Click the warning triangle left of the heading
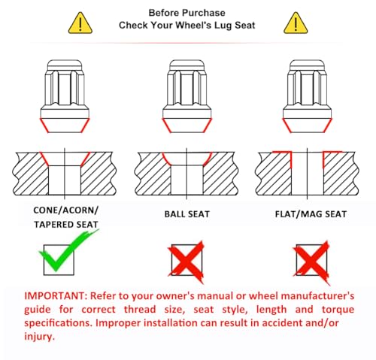pyautogui.click(x=80, y=23)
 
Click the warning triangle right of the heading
pyautogui.click(x=296, y=23)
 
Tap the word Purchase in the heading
pyautogui.click(x=204, y=13)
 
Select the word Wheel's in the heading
pyautogui.click(x=193, y=26)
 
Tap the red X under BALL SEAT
pyautogui.click(x=186, y=262)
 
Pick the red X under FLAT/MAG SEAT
pyautogui.click(x=311, y=262)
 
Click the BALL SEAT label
pyautogui.click(x=187, y=214)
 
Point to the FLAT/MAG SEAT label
pyautogui.click(x=311, y=214)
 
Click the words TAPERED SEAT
pyautogui.click(x=66, y=225)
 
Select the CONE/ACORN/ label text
pyautogui.click(x=65, y=210)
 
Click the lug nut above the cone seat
pyautogui.click(x=65, y=96)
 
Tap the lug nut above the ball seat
pyautogui.click(x=187, y=96)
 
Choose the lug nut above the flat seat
pyautogui.click(x=308, y=96)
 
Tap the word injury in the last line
pyautogui.click(x=39, y=336)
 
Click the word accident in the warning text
pyautogui.click(x=277, y=322)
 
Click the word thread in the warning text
pyautogui.click(x=140, y=310)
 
